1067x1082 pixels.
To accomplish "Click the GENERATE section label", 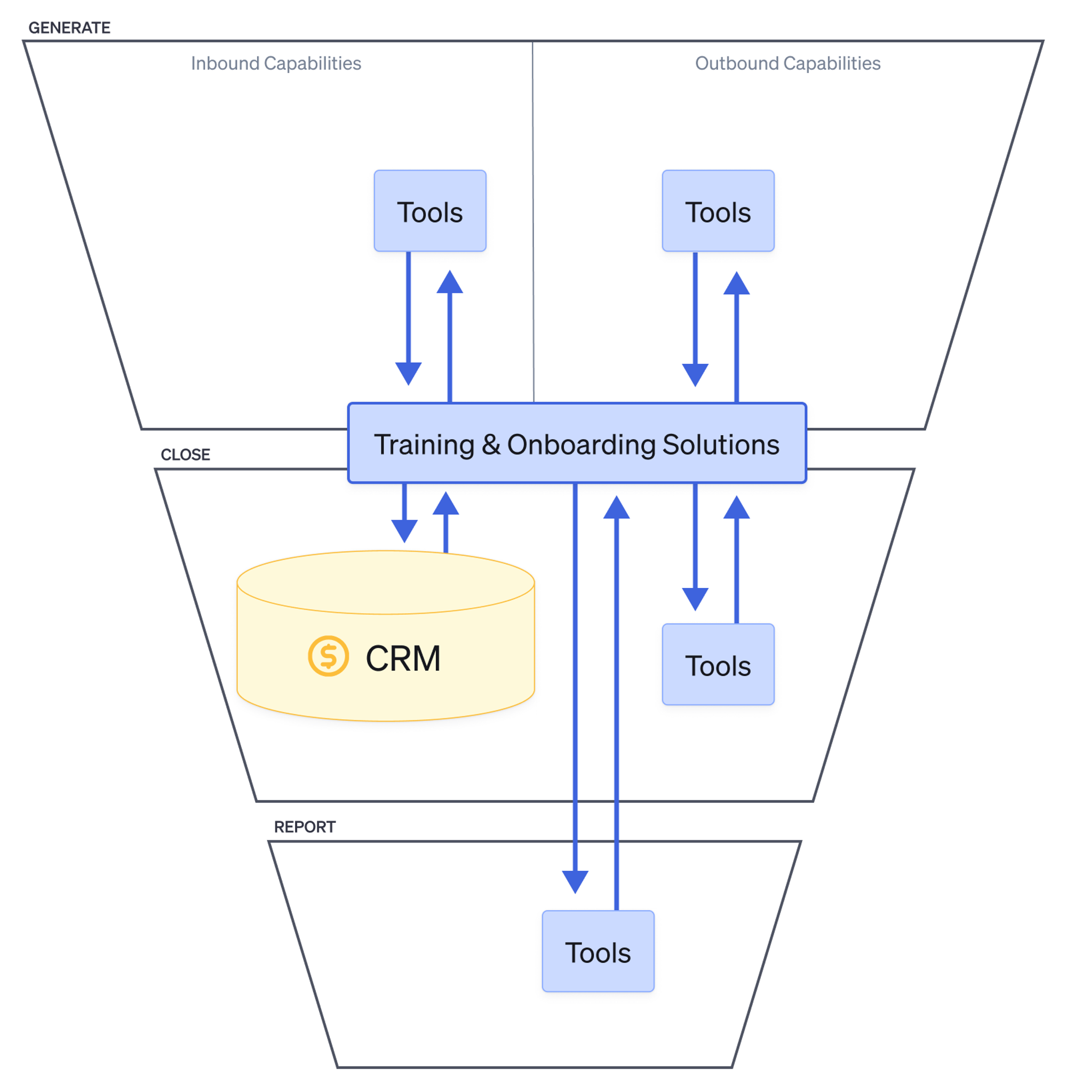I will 69,27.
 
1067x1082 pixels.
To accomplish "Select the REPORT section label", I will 304,826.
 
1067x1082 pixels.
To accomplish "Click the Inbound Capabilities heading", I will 276,63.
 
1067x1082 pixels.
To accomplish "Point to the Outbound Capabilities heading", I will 787,63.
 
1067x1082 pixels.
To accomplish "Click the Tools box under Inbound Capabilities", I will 429,211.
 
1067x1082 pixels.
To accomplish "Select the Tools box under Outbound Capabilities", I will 718,211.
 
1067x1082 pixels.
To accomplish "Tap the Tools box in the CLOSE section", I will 718,664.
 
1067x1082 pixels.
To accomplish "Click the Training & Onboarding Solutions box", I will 576,443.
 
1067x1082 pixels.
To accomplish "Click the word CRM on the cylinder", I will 403,658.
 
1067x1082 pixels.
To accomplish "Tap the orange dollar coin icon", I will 328,656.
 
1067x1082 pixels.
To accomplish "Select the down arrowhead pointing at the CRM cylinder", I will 404,530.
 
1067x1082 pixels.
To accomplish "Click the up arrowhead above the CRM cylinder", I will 445,504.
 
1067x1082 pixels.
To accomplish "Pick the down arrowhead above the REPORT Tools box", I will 575,881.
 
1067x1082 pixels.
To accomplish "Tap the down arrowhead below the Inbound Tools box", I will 408,373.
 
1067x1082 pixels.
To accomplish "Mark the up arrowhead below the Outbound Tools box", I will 736,283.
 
